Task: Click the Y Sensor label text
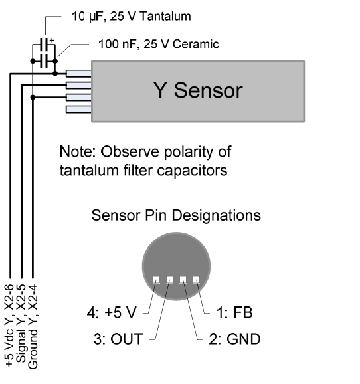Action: click(x=198, y=90)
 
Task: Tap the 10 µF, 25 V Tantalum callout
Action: click(x=132, y=16)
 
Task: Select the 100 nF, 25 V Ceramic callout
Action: click(x=159, y=44)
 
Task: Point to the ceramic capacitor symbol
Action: click(x=44, y=61)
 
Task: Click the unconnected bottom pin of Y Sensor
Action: click(x=78, y=109)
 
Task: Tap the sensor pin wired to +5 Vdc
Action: click(x=78, y=73)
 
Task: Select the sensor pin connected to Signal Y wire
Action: click(x=78, y=85)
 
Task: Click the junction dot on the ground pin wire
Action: click(x=33, y=98)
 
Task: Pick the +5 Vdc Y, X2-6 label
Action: click(x=9, y=326)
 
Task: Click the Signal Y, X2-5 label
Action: click(x=21, y=324)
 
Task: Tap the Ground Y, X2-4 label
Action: click(x=33, y=326)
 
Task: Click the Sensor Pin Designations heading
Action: click(x=176, y=215)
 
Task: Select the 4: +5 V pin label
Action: click(x=112, y=312)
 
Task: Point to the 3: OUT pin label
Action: click(x=118, y=339)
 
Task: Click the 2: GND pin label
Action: click(x=234, y=339)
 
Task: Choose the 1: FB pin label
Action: click(x=234, y=312)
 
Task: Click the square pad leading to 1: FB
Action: click(x=196, y=280)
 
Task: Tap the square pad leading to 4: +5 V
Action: click(x=156, y=280)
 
